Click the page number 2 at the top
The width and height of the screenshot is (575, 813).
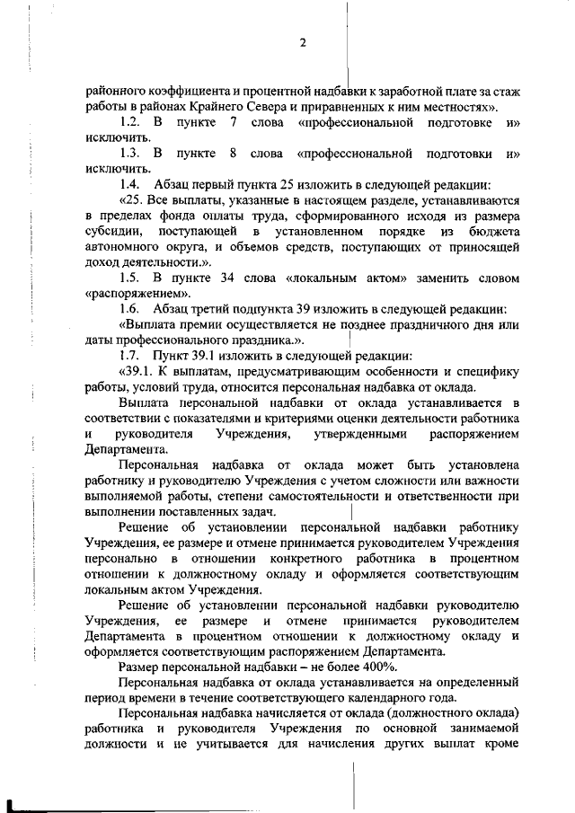(x=304, y=42)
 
